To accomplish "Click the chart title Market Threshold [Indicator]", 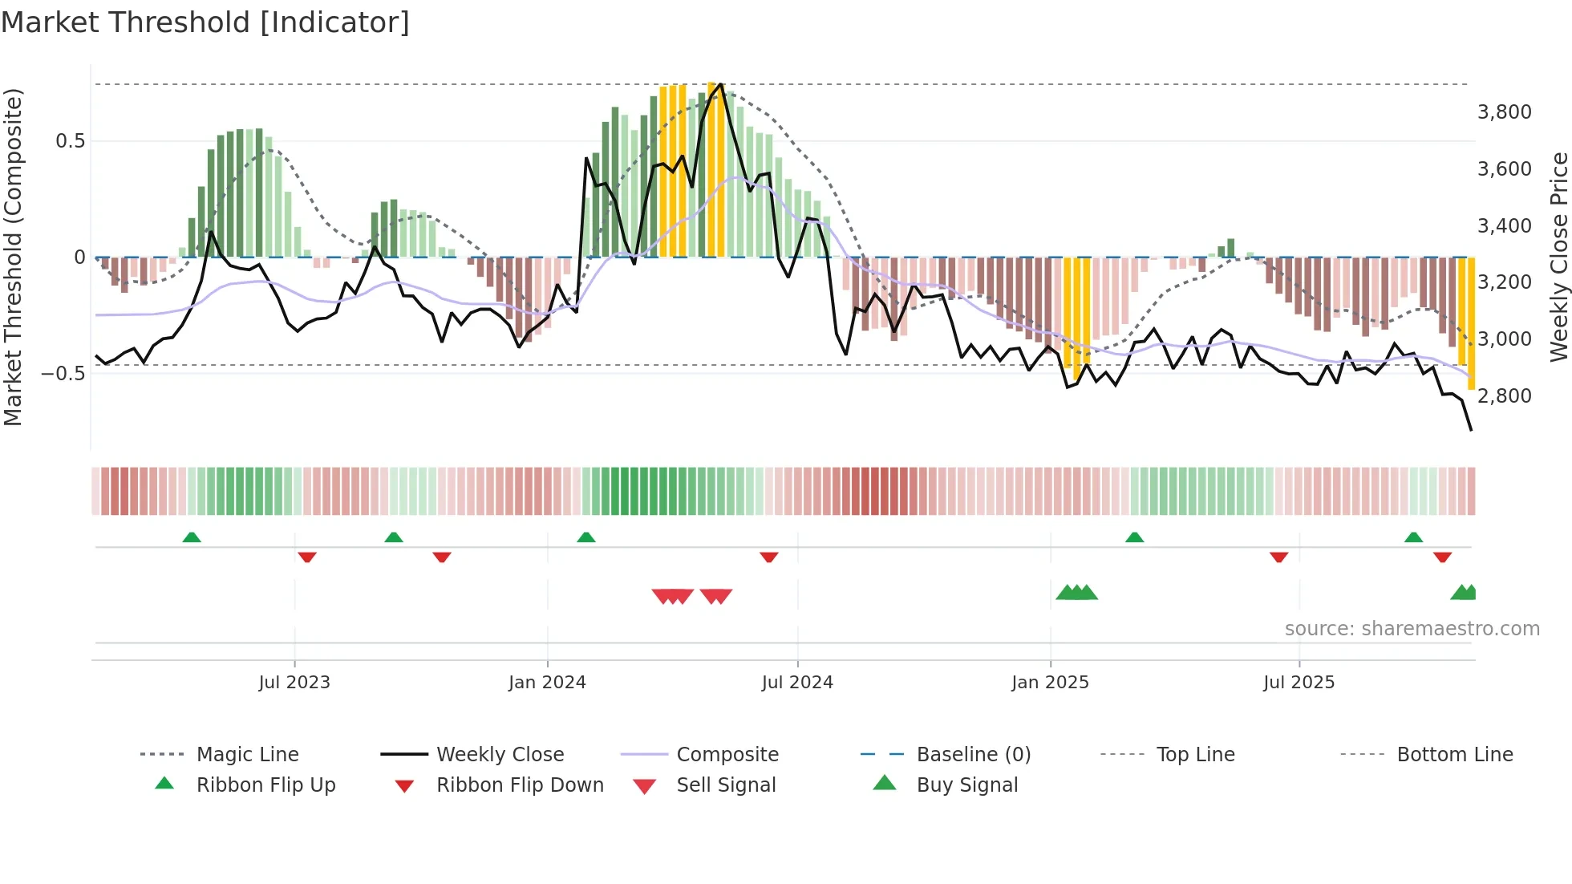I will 205,22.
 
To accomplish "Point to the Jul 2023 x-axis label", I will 294,683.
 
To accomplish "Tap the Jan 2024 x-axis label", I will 547,683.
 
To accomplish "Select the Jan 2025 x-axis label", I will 1050,683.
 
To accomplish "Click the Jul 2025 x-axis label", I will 1299,683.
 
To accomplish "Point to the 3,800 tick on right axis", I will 1504,112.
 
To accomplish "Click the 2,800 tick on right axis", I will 1504,396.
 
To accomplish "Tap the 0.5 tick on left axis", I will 71,141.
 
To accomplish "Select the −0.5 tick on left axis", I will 63,374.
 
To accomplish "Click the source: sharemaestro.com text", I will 1412,629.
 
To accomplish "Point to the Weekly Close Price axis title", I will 1558,257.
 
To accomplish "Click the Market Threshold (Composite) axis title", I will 13,257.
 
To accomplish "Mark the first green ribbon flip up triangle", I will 192,537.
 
